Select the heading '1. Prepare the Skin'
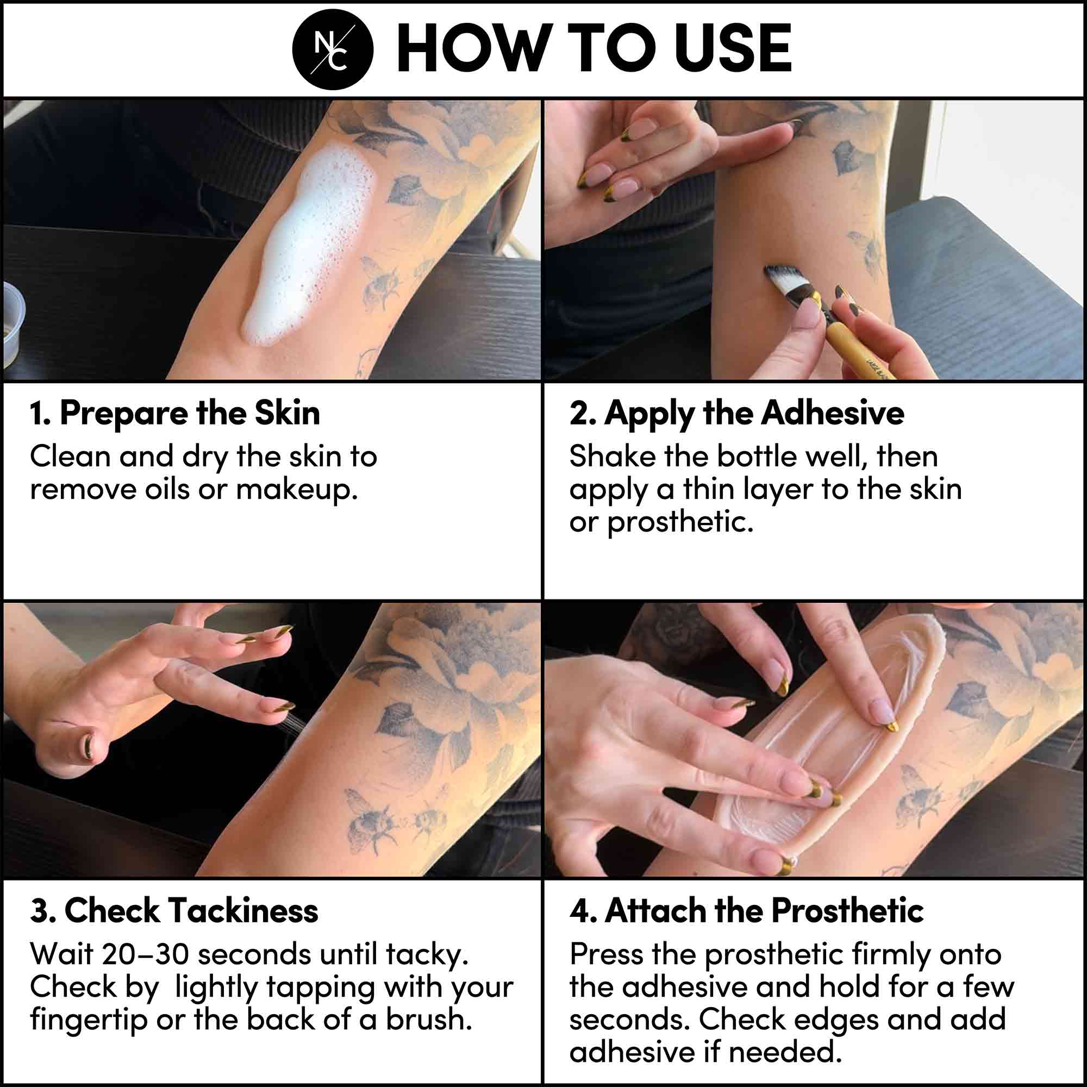pos(175,413)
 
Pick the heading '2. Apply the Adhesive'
pos(737,414)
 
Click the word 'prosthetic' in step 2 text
pos(680,522)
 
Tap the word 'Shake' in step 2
pos(612,457)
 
